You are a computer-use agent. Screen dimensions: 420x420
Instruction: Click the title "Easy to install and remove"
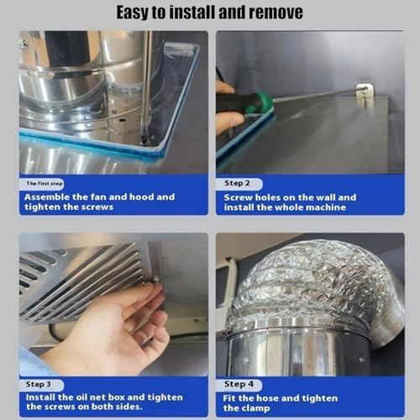click(x=209, y=13)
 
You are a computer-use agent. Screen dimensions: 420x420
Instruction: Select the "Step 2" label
click(x=237, y=182)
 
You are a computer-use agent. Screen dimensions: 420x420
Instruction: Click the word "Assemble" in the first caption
click(x=50, y=197)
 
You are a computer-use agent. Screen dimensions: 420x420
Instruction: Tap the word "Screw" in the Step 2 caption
click(x=239, y=197)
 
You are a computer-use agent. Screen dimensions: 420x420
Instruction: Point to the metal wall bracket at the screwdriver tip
click(x=365, y=93)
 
